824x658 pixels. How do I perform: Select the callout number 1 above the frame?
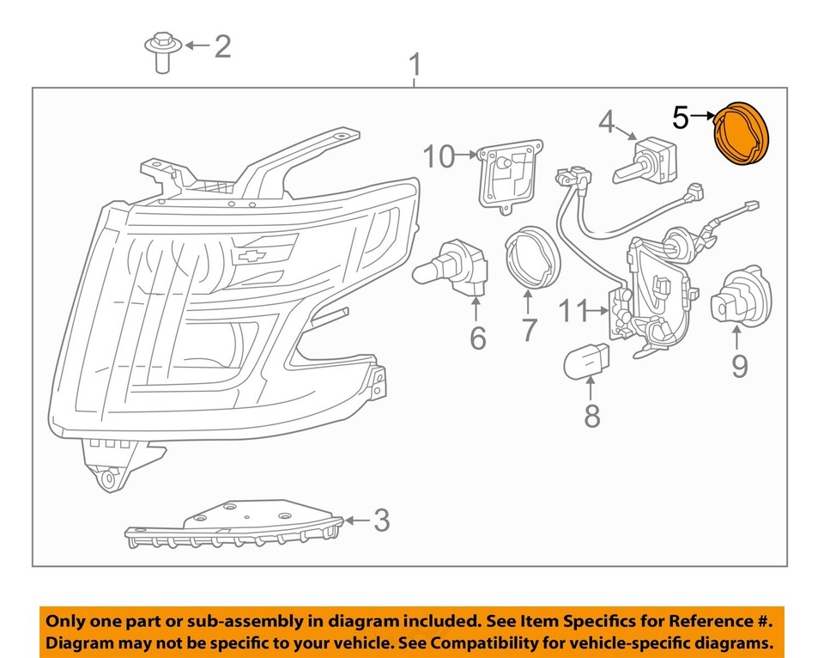pos(415,64)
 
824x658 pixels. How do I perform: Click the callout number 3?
pos(380,521)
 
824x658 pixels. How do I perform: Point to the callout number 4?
pos(607,123)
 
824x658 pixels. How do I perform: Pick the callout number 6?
pos(477,338)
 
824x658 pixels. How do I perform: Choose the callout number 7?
pos(529,329)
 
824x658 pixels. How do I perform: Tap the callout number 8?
pos(592,416)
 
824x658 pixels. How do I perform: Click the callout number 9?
pos(739,367)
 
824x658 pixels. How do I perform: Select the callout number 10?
pos(438,156)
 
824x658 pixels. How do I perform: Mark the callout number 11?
pos(575,310)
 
